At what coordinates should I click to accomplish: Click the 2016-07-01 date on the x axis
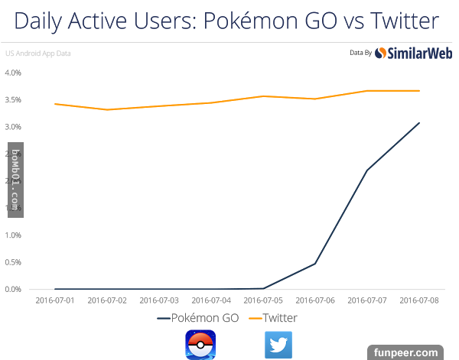(54, 300)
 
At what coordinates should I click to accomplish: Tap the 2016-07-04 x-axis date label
(212, 300)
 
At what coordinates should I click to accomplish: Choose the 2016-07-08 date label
(419, 300)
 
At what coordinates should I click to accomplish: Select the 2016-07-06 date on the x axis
(315, 300)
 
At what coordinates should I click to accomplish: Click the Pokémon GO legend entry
(198, 317)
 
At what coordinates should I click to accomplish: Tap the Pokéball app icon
(200, 344)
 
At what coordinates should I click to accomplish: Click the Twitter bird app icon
(278, 345)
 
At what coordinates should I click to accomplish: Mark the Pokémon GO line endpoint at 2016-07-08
(419, 123)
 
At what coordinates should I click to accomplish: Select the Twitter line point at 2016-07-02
(107, 110)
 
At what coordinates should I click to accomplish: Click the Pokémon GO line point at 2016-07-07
(367, 170)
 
